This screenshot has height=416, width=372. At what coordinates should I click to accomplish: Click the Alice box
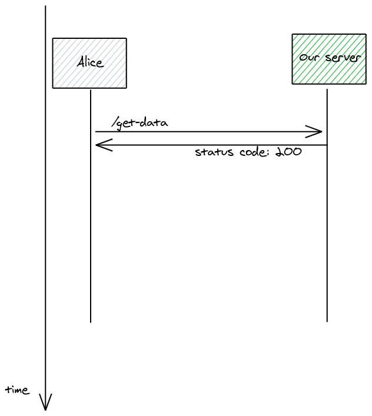(89, 63)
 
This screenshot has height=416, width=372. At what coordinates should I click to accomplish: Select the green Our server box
(328, 59)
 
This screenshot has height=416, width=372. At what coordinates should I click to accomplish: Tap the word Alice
(89, 63)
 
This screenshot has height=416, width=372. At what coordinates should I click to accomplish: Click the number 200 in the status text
(288, 152)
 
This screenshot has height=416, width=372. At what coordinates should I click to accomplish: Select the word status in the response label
(212, 152)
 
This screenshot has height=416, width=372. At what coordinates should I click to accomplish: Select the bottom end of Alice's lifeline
(91, 321)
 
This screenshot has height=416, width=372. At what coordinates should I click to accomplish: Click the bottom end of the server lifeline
(327, 321)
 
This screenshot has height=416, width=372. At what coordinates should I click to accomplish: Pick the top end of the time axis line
(45, 7)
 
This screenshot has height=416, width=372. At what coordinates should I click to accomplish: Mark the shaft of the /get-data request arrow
(206, 132)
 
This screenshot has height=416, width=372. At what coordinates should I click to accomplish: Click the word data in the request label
(155, 123)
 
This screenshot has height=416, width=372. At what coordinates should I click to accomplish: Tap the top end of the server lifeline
(327, 90)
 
